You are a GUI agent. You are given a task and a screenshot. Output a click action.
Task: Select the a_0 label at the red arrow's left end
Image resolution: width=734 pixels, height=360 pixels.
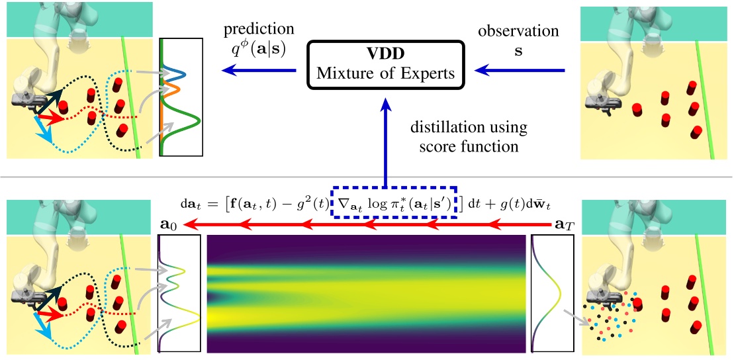click(x=170, y=226)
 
